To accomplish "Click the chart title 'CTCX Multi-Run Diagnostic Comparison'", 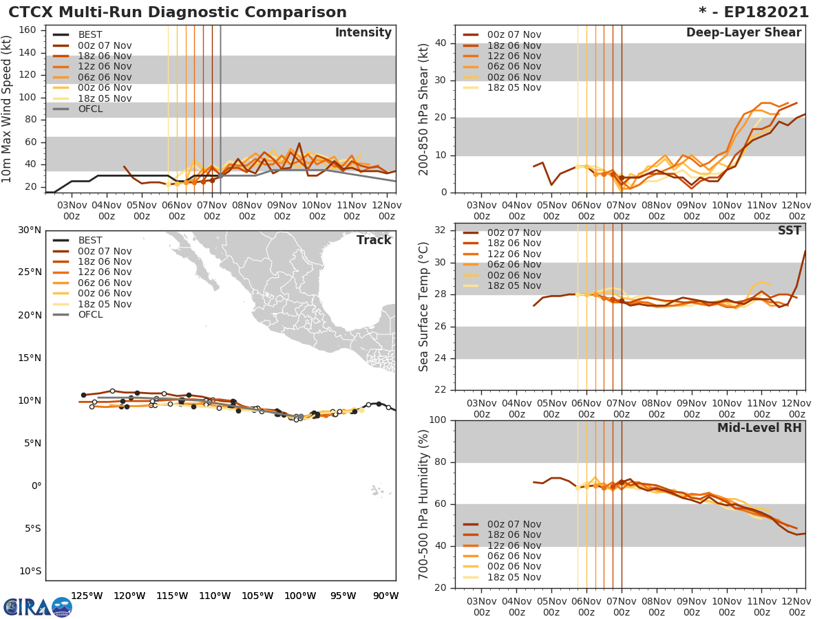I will coord(178,12).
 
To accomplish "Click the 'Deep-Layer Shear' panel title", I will coord(743,33).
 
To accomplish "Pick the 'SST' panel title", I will coord(789,231).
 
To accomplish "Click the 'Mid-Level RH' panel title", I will coord(759,428).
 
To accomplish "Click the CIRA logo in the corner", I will coord(37,607).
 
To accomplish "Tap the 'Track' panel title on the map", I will coord(374,240).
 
